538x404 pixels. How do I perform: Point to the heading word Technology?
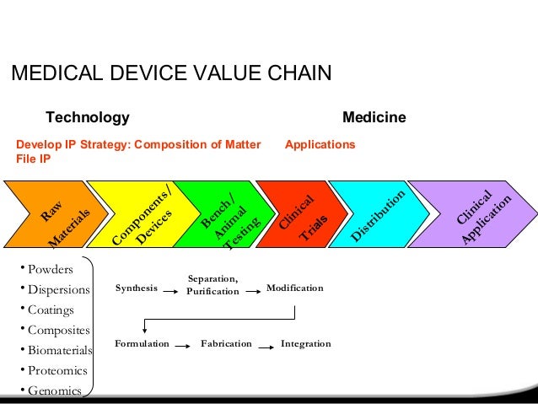(87, 117)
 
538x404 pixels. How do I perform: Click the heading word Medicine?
(374, 117)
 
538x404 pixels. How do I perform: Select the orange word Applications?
(320, 145)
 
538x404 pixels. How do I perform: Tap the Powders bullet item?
(50, 270)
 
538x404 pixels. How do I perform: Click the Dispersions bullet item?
(58, 290)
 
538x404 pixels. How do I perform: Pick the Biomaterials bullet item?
(60, 350)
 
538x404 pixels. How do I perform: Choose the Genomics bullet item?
(54, 391)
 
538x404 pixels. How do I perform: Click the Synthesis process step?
(136, 288)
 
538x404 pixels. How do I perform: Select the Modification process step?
(294, 288)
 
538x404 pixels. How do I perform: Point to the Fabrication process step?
(226, 344)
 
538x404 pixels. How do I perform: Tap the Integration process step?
(305, 344)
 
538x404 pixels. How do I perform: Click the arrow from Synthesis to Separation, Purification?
(172, 291)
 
